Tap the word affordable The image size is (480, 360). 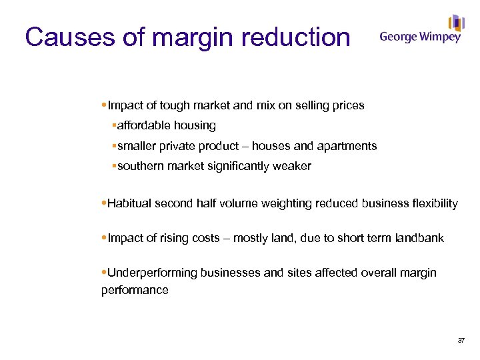[143, 125]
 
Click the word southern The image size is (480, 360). [141, 166]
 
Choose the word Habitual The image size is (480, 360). [129, 203]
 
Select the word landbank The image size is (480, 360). [419, 238]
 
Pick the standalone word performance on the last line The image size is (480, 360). [135, 290]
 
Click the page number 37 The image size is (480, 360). [461, 341]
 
